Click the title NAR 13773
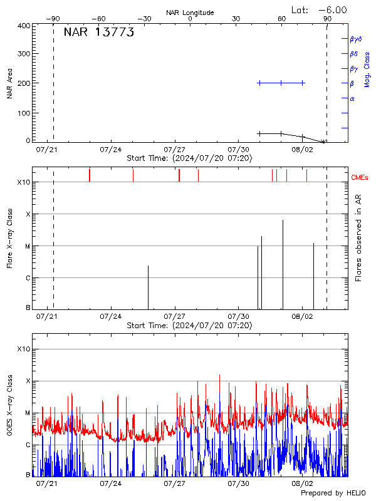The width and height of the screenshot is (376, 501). point(98,33)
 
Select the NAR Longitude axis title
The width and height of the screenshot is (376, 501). point(190,13)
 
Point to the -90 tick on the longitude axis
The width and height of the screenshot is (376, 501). point(53,19)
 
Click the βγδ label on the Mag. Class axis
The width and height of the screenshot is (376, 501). point(355,39)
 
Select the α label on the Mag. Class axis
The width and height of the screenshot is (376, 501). point(352,98)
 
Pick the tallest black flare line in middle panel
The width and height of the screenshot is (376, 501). point(283,264)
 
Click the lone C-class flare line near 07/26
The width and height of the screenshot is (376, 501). point(148,287)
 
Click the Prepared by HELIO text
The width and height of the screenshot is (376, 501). point(333,493)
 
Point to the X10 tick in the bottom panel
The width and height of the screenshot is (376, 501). point(24,349)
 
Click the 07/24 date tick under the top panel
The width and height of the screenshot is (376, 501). point(111,150)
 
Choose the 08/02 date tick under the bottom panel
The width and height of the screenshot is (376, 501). point(302,483)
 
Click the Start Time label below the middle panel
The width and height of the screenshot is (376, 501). point(189,326)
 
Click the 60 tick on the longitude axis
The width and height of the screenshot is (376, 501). point(281,19)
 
